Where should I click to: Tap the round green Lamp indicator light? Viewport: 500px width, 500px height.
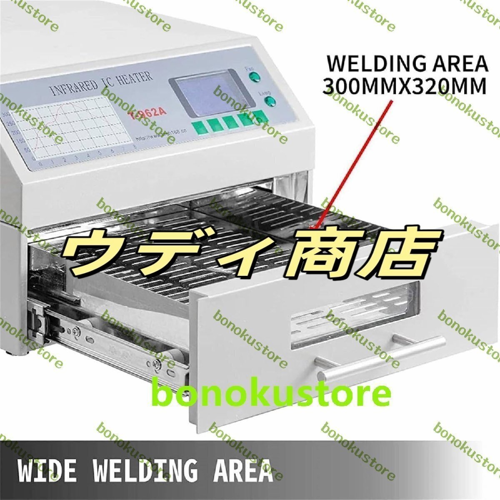(x=270, y=100)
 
